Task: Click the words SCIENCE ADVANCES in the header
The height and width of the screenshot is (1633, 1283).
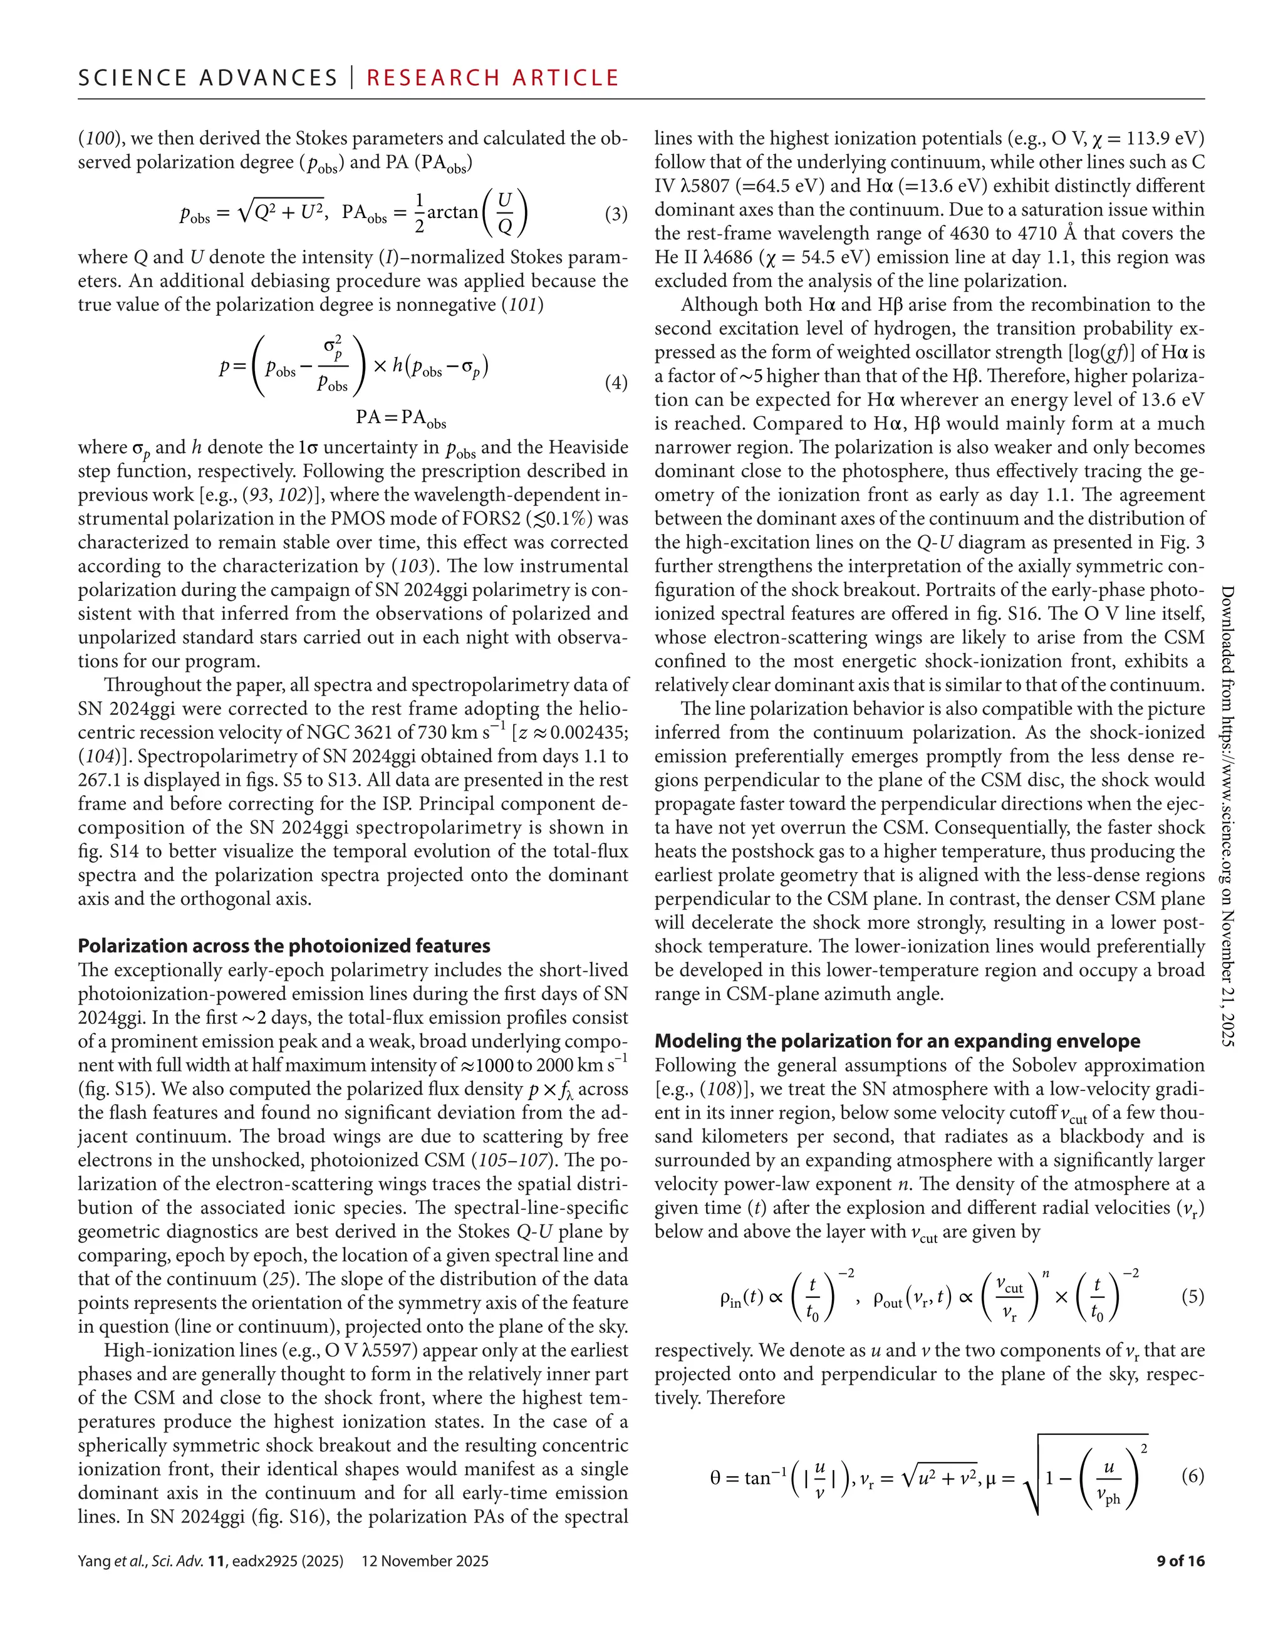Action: point(208,78)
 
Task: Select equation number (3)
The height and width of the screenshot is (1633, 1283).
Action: point(616,214)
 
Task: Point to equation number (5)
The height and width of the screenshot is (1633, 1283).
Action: point(1193,1296)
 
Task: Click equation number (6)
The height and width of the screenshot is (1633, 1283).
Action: point(1193,1475)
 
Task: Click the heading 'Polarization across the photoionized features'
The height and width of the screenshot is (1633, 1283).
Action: point(284,946)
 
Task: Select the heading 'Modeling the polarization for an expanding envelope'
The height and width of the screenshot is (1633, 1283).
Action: point(897,1041)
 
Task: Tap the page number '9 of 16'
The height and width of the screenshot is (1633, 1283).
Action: point(1180,1561)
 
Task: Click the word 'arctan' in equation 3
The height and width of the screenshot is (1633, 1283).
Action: point(452,212)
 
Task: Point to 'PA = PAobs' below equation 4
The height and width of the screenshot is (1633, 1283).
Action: point(400,418)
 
